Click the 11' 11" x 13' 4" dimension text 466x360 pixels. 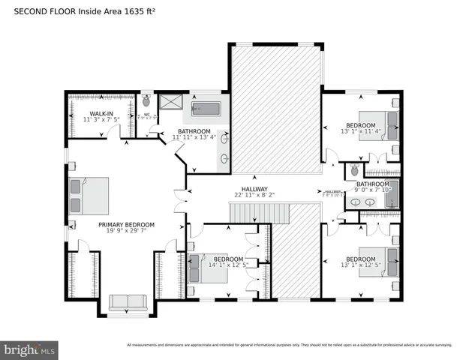point(194,137)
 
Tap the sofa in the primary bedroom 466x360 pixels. point(128,302)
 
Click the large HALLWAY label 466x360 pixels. point(254,189)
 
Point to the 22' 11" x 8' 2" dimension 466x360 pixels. point(254,196)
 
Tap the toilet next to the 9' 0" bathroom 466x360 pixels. point(354,170)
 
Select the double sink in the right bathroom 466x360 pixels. point(362,202)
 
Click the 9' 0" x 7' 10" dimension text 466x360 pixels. point(373,190)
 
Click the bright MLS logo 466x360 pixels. point(30,349)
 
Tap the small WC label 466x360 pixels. point(147,114)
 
